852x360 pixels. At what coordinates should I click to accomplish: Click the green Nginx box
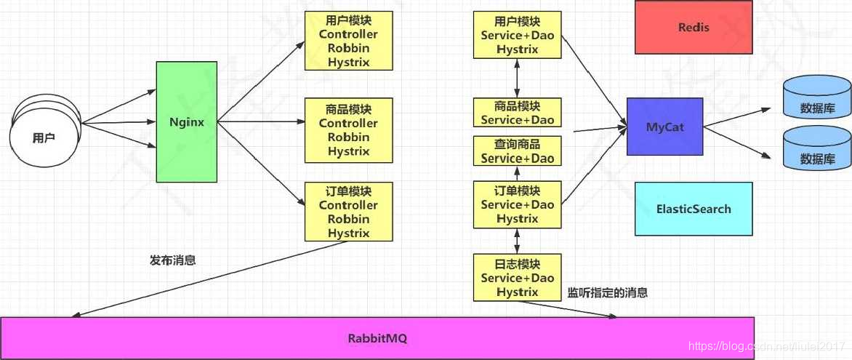pos(187,122)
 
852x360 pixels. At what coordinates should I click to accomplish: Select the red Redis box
pos(694,28)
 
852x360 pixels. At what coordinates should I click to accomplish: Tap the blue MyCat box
pos(665,127)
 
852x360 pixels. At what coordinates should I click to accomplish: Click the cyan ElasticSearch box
pos(694,209)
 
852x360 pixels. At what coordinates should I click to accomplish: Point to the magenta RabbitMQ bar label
pos(377,338)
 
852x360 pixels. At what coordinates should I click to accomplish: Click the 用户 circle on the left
pos(44,137)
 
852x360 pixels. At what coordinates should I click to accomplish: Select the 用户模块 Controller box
pos(348,41)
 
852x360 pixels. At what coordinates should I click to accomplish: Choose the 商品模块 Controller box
pos(348,130)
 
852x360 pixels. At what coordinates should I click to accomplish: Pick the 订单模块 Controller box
pos(348,212)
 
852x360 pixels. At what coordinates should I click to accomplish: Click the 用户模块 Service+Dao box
pos(517,35)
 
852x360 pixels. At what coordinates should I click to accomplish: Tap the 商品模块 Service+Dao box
pos(517,113)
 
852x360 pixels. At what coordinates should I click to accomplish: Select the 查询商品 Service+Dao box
pos(517,151)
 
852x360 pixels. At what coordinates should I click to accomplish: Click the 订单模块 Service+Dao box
pos(517,204)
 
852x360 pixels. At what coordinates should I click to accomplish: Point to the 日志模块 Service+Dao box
pos(517,278)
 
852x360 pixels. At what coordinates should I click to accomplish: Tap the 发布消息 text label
pos(172,260)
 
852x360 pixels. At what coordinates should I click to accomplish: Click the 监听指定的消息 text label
pos(607,294)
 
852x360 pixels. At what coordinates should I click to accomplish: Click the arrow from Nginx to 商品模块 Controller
pos(260,122)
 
